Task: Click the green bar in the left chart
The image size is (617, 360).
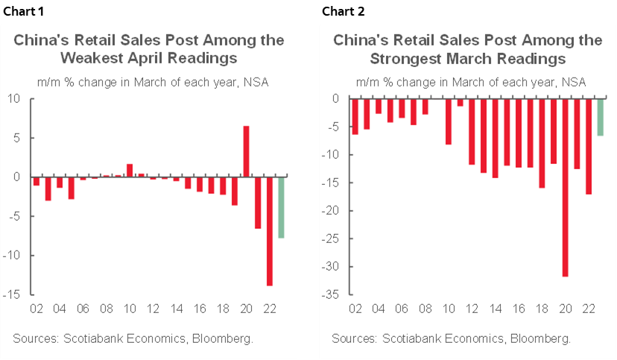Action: tap(281, 207)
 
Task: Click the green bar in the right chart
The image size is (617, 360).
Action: tap(600, 117)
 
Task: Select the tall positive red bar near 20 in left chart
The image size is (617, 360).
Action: tap(246, 151)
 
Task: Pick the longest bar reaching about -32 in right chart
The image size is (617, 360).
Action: tap(565, 187)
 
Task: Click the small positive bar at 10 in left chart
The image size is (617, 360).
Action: tap(129, 170)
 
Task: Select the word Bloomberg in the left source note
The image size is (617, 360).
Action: tap(223, 338)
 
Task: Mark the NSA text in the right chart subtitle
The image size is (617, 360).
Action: tap(574, 82)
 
